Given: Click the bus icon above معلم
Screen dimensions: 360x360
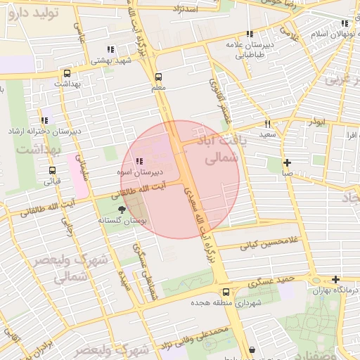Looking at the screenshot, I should click(157, 77).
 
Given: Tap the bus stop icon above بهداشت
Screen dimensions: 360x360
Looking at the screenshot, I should click(67, 72).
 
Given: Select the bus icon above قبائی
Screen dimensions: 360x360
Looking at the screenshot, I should click(53, 170).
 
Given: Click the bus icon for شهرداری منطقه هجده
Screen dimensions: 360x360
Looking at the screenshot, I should click(226, 292).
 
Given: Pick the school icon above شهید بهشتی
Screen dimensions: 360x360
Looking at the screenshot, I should click(110, 49).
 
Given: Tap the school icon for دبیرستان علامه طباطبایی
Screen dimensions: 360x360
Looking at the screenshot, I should click(250, 33).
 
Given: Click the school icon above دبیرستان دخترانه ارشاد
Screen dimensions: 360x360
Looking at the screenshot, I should click(45, 121).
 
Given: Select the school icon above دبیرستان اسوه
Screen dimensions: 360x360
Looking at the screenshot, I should click(139, 161).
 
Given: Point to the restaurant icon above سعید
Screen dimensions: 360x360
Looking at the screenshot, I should click(268, 123).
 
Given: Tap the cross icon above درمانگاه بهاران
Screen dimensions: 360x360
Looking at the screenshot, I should click(335, 279).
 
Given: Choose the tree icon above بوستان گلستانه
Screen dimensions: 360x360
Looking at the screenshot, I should click(123, 210).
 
